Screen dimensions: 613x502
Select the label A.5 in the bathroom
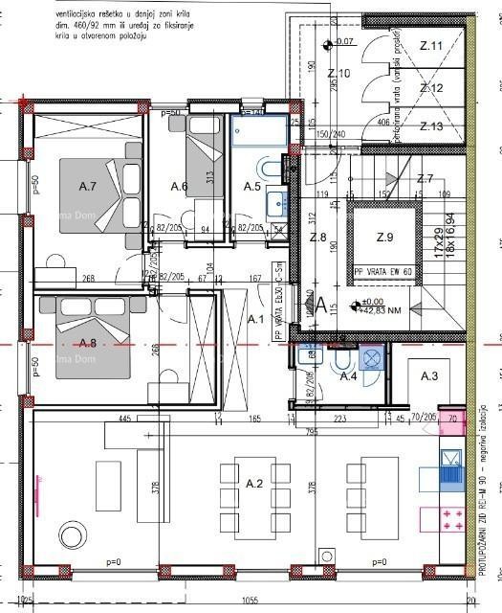point(252,186)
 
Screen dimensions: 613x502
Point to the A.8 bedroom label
point(88,342)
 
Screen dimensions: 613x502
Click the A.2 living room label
point(254,485)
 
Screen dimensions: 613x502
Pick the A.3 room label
point(428,377)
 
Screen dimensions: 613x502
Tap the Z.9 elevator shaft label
point(384,237)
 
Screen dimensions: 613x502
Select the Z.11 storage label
point(431,46)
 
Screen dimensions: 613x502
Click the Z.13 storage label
point(431,126)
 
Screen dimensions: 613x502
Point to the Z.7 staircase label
point(426,179)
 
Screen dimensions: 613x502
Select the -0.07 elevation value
point(343,42)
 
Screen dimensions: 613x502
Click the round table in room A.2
point(70,535)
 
